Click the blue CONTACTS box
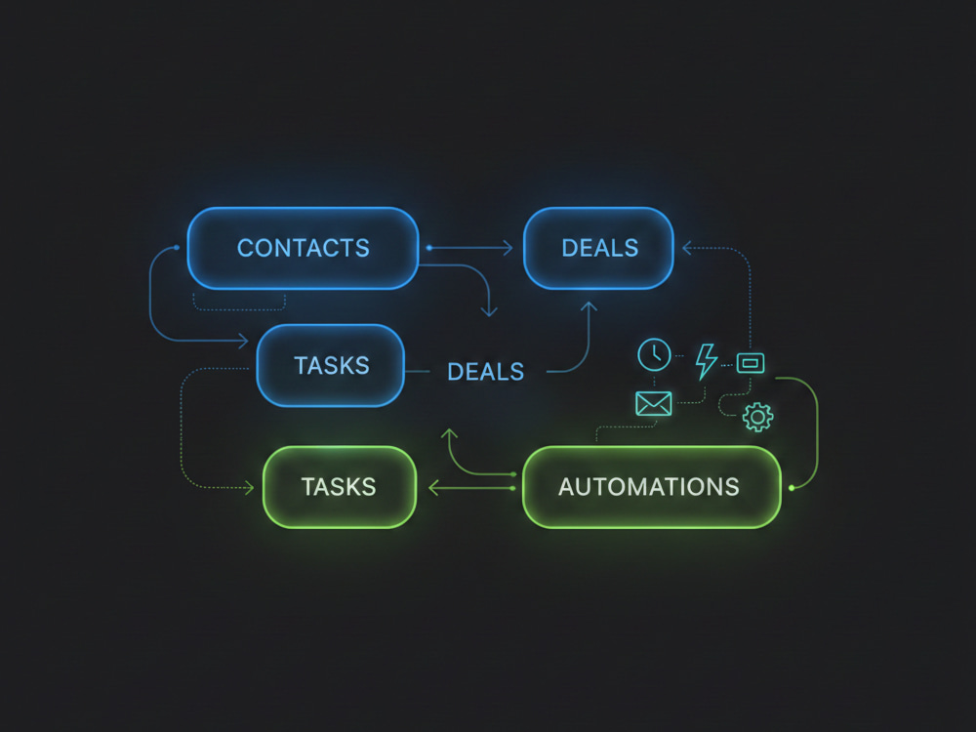[304, 248]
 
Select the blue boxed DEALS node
[599, 248]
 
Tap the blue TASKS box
[331, 365]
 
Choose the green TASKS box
[340, 487]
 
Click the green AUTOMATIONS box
[652, 487]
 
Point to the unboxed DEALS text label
[485, 372]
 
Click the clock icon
[654, 355]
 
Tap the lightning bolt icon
[707, 361]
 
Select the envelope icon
[654, 403]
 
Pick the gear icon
[758, 417]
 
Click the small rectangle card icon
[751, 363]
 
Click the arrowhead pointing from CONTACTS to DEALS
[508, 248]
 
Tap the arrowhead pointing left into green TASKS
[434, 487]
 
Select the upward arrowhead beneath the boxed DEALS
[589, 306]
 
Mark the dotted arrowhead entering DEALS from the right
[687, 248]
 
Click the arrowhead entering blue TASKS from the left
[243, 341]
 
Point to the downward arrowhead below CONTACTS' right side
[489, 311]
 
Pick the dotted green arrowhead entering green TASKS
[250, 487]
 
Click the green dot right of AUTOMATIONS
[792, 488]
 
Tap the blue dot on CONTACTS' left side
[177, 248]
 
